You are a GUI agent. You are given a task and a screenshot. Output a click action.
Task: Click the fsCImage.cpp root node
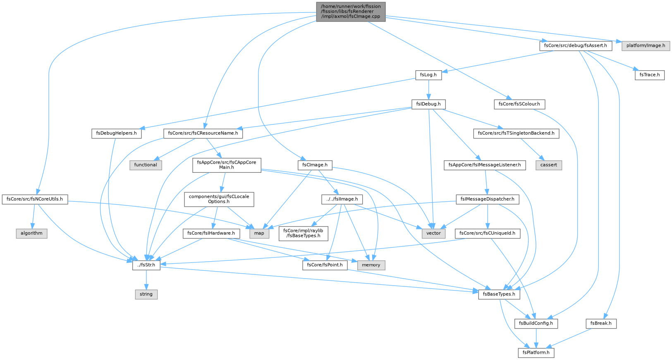pos(350,12)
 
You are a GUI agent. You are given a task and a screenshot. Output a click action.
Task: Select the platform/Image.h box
pos(646,45)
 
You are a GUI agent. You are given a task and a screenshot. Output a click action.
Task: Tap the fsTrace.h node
pos(650,75)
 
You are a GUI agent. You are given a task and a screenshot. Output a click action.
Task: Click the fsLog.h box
pos(428,75)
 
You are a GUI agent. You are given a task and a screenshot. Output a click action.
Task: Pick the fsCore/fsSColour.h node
pos(519,104)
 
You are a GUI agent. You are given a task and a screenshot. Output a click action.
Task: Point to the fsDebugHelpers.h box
pos(116,133)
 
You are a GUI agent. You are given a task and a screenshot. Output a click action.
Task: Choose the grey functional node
pos(146,165)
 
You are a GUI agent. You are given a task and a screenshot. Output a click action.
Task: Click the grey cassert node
pos(549,165)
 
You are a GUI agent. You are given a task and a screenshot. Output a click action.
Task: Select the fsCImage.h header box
pos(315,165)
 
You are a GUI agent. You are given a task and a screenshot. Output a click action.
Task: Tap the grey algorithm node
pos(31,233)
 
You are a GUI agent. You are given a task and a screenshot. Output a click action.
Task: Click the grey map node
pos(259,233)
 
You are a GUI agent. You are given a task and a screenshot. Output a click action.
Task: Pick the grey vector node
pos(433,233)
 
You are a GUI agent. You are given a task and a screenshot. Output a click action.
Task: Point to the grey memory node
pos(371,265)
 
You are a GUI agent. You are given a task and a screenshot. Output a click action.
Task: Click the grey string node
pos(146,294)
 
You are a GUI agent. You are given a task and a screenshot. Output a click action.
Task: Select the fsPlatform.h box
pos(536,353)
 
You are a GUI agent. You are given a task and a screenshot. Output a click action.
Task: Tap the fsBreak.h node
pos(601,324)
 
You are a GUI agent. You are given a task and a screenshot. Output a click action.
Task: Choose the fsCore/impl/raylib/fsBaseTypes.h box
pos(303,233)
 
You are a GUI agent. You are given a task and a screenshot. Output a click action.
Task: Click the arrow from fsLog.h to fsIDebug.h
pos(428,89)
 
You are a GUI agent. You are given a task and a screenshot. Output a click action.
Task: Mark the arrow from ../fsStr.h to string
pos(146,280)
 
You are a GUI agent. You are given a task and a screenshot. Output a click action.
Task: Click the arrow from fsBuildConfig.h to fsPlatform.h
pos(536,338)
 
